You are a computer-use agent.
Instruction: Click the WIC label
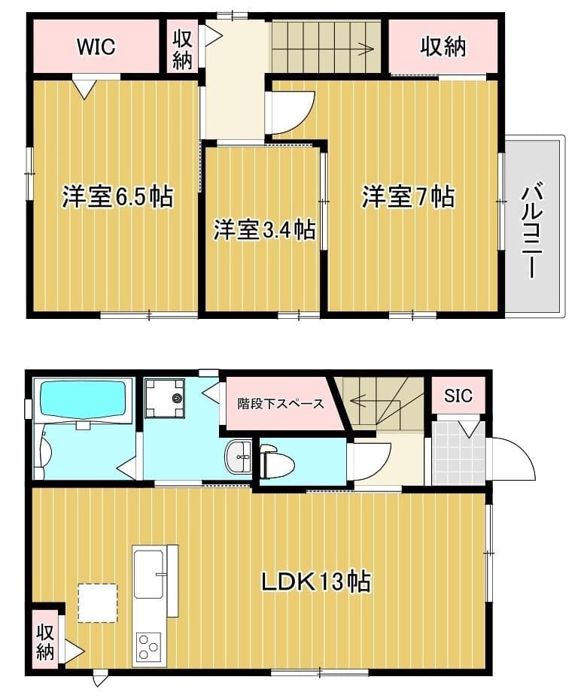96,47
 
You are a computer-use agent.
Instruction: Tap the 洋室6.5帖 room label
117,196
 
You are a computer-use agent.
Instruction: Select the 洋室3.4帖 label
264,229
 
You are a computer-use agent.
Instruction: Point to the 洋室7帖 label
408,196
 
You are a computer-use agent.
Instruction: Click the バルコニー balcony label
532,229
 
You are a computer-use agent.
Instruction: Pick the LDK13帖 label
315,581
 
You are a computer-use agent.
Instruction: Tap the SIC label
458,396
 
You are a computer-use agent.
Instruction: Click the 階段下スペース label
280,404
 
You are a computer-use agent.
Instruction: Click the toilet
277,462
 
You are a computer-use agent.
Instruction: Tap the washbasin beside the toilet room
239,457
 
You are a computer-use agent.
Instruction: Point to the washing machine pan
164,398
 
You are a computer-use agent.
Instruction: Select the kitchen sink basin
149,575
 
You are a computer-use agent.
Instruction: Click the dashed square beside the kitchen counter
98,602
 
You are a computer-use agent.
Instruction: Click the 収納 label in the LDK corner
45,642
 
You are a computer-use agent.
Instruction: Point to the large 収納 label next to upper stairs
443,47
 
